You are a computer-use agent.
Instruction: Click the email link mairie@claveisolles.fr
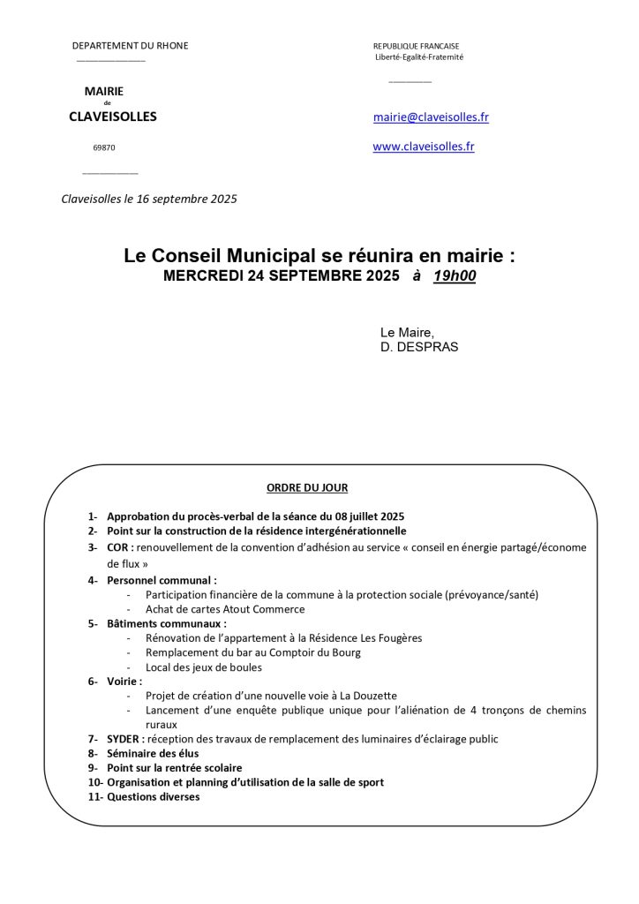click(431, 117)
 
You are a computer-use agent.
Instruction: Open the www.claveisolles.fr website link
click(424, 147)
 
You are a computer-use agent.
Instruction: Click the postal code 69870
click(104, 148)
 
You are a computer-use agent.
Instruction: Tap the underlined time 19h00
click(455, 276)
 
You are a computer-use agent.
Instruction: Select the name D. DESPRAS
click(419, 347)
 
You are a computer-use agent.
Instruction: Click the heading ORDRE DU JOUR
click(307, 487)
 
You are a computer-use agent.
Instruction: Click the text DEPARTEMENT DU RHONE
click(130, 46)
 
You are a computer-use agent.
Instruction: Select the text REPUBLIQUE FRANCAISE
click(416, 46)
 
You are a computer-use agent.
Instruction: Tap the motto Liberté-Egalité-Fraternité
click(419, 57)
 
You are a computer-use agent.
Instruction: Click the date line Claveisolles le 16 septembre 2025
click(149, 200)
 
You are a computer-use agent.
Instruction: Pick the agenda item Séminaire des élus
click(153, 754)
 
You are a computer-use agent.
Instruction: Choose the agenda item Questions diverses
click(153, 797)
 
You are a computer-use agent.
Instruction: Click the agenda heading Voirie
click(124, 682)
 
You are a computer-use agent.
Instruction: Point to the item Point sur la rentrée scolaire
click(174, 768)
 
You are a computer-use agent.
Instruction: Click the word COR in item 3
click(118, 547)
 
